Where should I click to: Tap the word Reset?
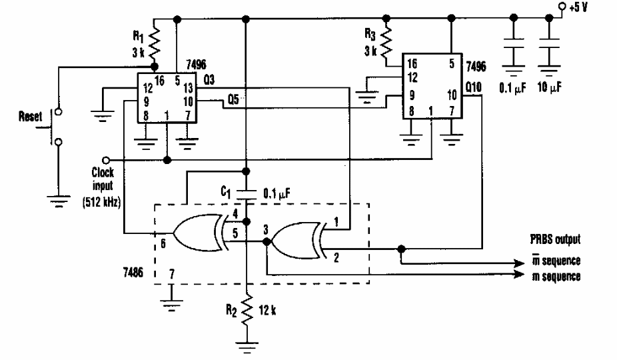pos(29,116)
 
